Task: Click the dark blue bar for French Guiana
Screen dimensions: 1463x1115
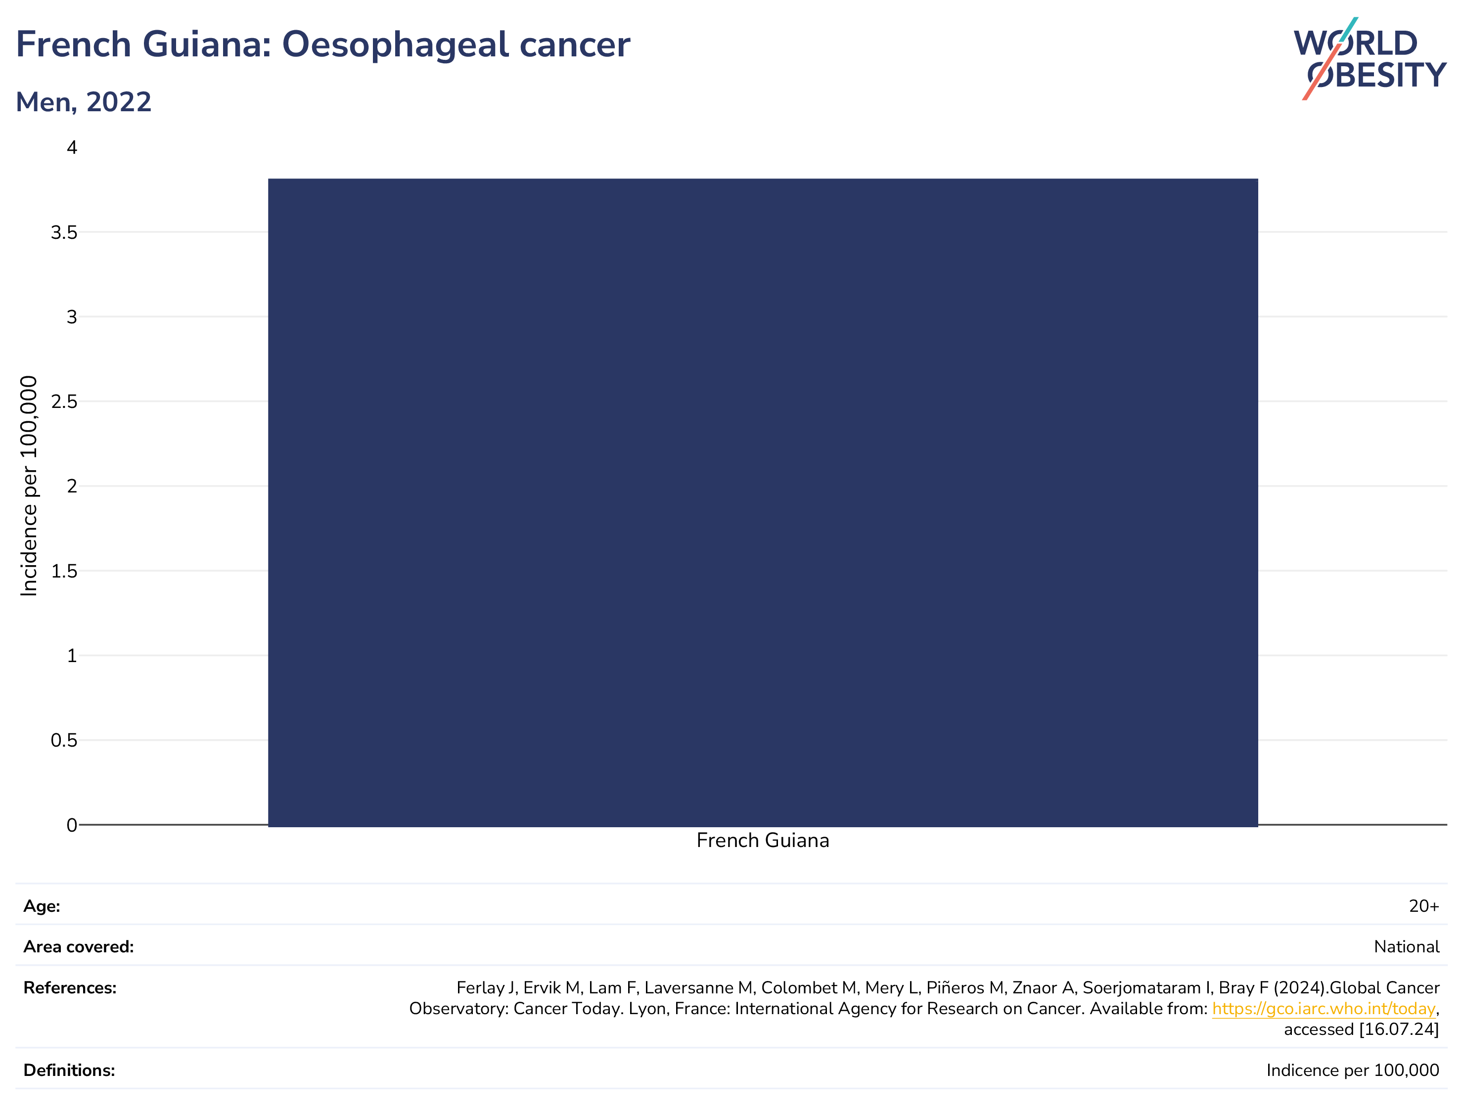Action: pos(762,502)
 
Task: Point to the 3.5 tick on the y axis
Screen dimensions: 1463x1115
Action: pos(64,232)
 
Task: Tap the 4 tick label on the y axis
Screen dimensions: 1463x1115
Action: pos(72,147)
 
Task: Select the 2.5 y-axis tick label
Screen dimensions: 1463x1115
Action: pos(64,401)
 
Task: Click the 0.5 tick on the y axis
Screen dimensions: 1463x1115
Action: pos(64,740)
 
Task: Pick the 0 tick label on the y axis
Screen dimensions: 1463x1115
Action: pos(72,825)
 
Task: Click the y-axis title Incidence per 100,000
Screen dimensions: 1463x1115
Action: pos(29,486)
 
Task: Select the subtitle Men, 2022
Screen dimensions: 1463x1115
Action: pos(84,102)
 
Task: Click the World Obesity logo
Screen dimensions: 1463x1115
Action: pos(1370,59)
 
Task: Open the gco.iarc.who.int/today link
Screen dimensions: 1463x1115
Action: pos(1324,1009)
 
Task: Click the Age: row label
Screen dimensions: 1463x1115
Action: pos(42,907)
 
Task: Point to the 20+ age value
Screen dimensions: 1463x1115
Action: pos(1424,907)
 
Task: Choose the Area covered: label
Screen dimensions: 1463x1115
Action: pos(78,947)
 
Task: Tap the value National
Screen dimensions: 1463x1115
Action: pos(1407,947)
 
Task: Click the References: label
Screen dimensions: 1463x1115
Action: pos(70,988)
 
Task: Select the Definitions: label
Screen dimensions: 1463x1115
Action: pos(69,1070)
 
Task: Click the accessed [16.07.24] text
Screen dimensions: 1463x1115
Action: pos(1362,1029)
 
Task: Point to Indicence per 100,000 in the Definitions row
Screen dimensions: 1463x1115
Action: pos(1353,1070)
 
